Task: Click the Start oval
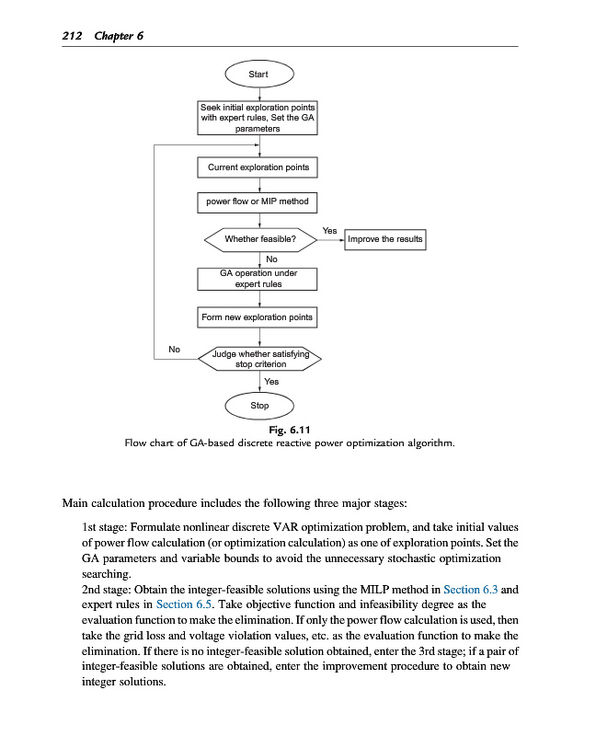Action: click(x=258, y=73)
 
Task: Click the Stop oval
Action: click(x=259, y=405)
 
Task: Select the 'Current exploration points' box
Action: click(x=258, y=167)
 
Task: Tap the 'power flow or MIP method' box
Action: click(x=258, y=201)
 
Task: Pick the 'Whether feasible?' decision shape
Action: click(x=260, y=239)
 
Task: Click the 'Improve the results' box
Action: click(x=385, y=239)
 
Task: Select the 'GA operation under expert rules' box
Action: click(x=258, y=279)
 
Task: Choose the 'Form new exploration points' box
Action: click(x=258, y=317)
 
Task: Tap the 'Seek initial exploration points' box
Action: click(x=258, y=118)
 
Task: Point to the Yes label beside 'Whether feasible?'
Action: click(x=329, y=231)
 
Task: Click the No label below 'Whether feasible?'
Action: click(x=271, y=259)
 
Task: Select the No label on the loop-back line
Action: click(x=176, y=349)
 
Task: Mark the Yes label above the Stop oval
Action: click(x=271, y=382)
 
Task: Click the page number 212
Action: click(x=72, y=36)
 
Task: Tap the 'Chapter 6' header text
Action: click(x=119, y=36)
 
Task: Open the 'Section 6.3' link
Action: click(x=470, y=589)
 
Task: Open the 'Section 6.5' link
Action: click(x=186, y=604)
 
